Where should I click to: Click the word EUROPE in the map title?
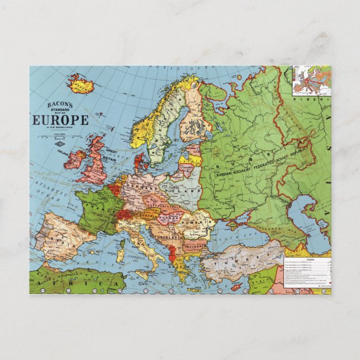60,120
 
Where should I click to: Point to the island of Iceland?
80,84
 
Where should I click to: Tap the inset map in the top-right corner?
311,80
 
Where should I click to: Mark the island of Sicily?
146,271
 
